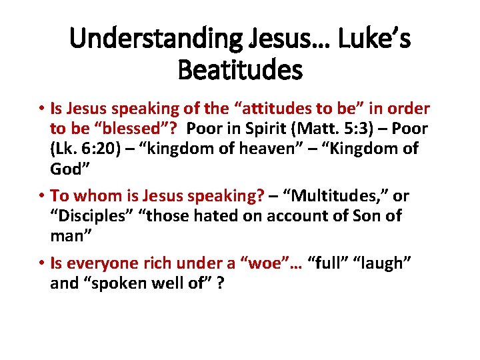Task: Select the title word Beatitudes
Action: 240,69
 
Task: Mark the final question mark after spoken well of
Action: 219,283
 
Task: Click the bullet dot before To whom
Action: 41,197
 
